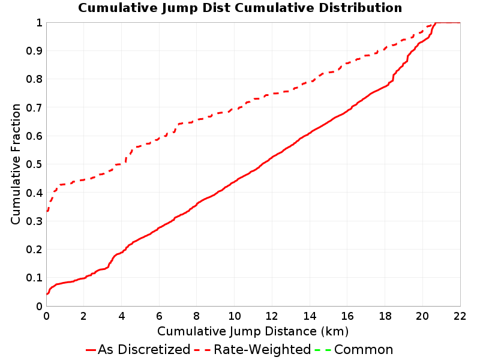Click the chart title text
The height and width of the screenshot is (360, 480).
click(x=240, y=8)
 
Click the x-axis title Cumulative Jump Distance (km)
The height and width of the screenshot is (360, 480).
click(x=253, y=331)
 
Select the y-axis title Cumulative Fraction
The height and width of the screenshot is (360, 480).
click(x=16, y=164)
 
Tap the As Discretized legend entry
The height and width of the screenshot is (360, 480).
click(x=138, y=349)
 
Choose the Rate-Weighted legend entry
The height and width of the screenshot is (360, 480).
click(x=253, y=349)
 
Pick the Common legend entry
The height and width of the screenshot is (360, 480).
click(x=354, y=349)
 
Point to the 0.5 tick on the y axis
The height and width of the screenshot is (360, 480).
click(x=34, y=164)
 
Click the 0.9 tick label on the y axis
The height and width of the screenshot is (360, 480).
click(x=34, y=51)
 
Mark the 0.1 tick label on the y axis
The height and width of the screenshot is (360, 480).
click(x=34, y=278)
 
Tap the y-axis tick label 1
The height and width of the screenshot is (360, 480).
click(x=39, y=23)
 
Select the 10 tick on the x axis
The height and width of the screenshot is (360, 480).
click(x=234, y=316)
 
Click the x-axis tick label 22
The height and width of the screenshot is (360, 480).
click(x=460, y=316)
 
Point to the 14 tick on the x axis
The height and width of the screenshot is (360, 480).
click(x=310, y=316)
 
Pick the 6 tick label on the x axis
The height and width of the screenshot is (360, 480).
click(x=159, y=316)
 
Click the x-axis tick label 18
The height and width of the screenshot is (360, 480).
click(x=385, y=316)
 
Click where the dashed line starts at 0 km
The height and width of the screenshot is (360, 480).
click(x=47, y=211)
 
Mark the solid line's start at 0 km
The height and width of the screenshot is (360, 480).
click(x=47, y=294)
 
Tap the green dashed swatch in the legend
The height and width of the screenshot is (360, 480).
click(x=323, y=350)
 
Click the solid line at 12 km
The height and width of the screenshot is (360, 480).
click(x=272, y=158)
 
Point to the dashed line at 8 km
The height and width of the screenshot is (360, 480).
click(x=197, y=119)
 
